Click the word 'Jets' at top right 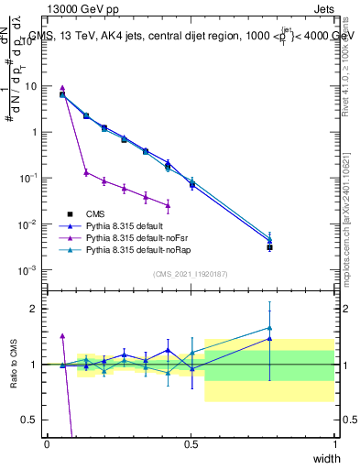coord(322,7)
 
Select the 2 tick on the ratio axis coord(37,309)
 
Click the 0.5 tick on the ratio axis coord(32,420)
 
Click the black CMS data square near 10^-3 coord(269,247)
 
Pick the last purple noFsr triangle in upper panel coord(168,205)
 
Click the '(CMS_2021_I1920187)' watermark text coord(191,274)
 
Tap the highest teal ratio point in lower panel coord(269,327)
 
